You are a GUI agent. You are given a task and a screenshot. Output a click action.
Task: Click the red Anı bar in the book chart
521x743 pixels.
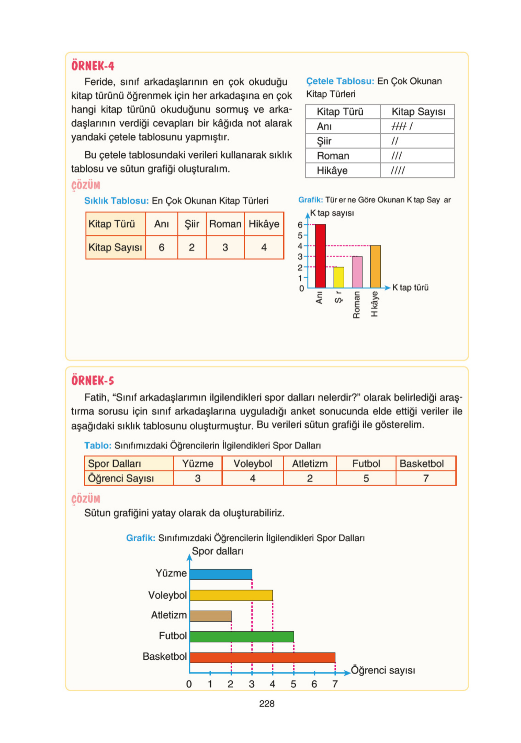pyautogui.click(x=320, y=256)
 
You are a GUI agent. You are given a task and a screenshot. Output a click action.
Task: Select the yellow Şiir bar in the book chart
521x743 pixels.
pyautogui.click(x=338, y=277)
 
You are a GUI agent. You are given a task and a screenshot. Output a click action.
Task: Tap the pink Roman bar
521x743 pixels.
pyautogui.click(x=357, y=272)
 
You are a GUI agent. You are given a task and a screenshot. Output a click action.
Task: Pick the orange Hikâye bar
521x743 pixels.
pyautogui.click(x=375, y=266)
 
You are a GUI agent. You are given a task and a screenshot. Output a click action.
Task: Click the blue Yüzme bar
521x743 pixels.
pyautogui.click(x=221, y=574)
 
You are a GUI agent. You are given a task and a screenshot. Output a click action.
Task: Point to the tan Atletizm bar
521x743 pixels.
pyautogui.click(x=210, y=616)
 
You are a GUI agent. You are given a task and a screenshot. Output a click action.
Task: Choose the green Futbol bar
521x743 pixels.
pyautogui.click(x=241, y=637)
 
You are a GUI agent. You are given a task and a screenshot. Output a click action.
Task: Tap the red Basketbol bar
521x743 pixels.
pyautogui.click(x=262, y=657)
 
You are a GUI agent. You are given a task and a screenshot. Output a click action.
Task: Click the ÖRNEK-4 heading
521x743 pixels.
pyautogui.click(x=92, y=66)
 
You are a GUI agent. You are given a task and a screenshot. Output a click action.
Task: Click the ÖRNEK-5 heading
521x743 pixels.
pyautogui.click(x=92, y=380)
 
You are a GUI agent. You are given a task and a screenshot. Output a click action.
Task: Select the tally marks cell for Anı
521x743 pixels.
pyautogui.click(x=417, y=126)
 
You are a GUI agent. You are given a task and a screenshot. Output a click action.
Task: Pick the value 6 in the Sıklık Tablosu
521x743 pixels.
pyautogui.click(x=161, y=247)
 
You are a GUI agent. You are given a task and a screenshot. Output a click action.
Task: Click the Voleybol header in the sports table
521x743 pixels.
pyautogui.click(x=252, y=463)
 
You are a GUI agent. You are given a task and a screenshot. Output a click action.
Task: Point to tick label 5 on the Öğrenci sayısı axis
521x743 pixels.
pyautogui.click(x=293, y=684)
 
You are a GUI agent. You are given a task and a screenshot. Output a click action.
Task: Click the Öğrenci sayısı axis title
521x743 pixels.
pyautogui.click(x=383, y=670)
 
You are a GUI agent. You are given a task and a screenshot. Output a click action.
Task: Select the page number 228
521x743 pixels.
pyautogui.click(x=266, y=703)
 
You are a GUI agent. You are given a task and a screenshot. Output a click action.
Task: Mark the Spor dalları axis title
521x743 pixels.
pyautogui.click(x=217, y=551)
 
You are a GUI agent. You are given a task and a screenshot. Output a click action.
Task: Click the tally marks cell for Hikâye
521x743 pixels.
pyautogui.click(x=417, y=170)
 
